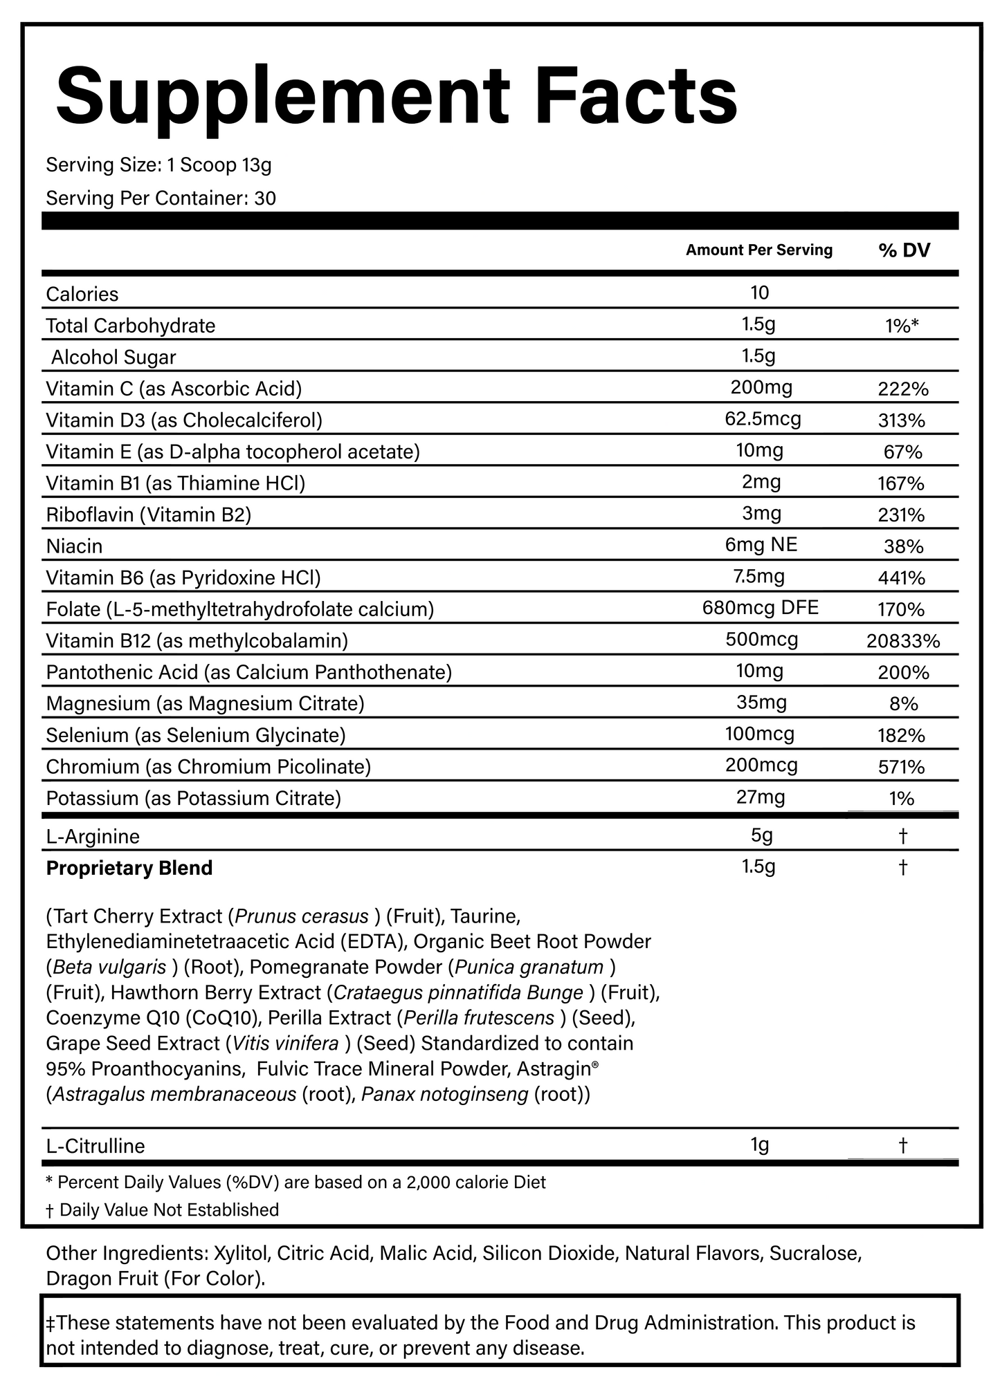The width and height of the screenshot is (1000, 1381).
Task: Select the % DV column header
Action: coord(904,250)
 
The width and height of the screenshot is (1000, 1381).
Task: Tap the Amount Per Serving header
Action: coord(758,250)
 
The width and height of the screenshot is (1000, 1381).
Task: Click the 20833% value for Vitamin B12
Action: coord(902,641)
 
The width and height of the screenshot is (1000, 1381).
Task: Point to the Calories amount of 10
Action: coord(759,293)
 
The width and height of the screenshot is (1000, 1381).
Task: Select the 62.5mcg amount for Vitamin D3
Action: coord(760,419)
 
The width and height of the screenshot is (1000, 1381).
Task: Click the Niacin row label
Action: coord(74,546)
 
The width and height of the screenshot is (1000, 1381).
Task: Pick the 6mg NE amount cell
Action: coord(761,545)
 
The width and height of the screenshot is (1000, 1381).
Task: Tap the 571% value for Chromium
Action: coord(901,767)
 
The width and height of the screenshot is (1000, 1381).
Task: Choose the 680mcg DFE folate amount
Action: coord(760,608)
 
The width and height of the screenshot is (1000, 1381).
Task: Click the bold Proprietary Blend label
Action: coord(129,868)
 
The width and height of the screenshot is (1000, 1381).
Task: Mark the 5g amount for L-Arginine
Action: coord(761,835)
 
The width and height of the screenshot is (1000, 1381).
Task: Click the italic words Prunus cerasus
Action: coord(302,916)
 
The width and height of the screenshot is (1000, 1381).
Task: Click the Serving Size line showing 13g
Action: coord(158,165)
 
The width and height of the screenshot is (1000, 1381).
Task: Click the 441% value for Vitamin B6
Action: coord(901,577)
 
